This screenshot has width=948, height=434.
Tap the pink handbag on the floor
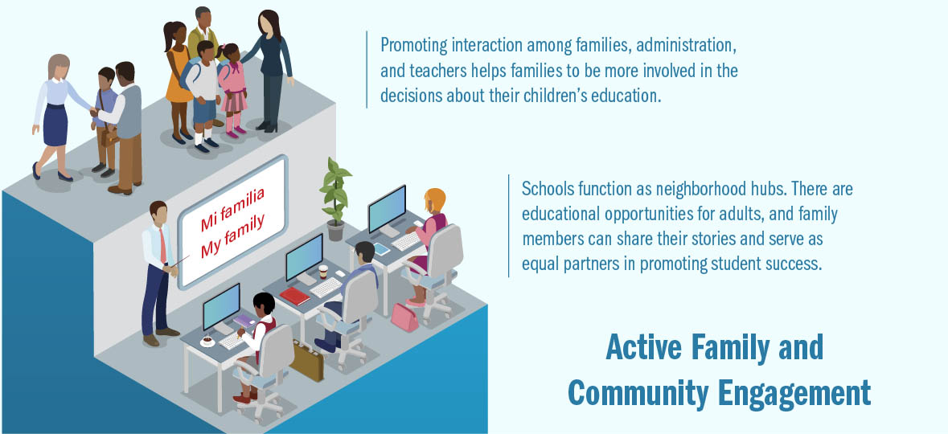[404, 317]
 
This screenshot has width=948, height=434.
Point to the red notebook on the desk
[294, 297]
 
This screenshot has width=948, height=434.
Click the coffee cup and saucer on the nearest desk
[207, 341]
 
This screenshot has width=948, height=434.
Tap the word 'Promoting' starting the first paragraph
[413, 45]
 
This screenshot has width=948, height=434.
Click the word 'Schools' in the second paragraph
[547, 189]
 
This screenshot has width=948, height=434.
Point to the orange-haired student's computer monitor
[388, 209]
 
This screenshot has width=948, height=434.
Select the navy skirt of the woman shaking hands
[56, 125]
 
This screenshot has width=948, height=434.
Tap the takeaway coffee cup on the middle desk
[323, 272]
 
